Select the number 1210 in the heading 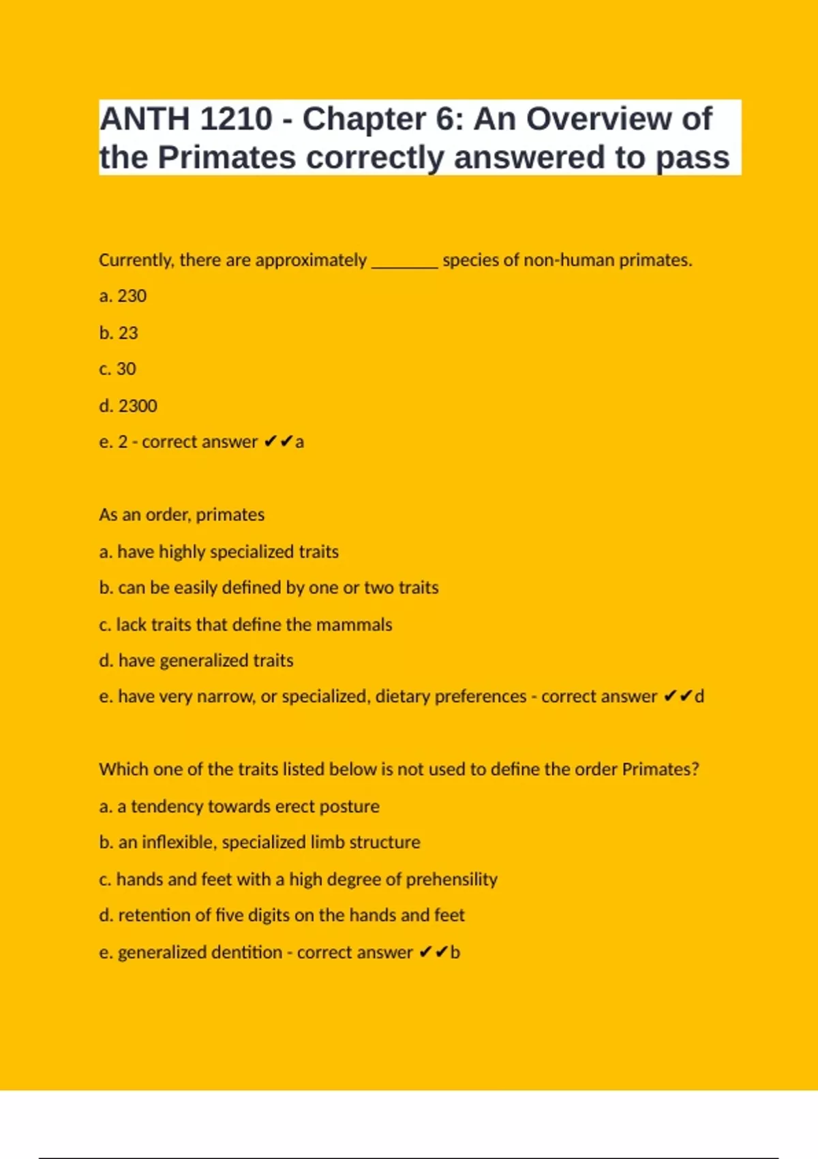236,119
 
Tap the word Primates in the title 227,157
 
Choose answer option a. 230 123,297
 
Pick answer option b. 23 119,333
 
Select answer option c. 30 117,369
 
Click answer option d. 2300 128,406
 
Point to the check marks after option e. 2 278,442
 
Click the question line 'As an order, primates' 181,515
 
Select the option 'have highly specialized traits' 219,552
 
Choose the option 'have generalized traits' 196,661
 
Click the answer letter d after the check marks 699,697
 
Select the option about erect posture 239,807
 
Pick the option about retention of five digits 282,916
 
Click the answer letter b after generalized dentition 455,952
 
